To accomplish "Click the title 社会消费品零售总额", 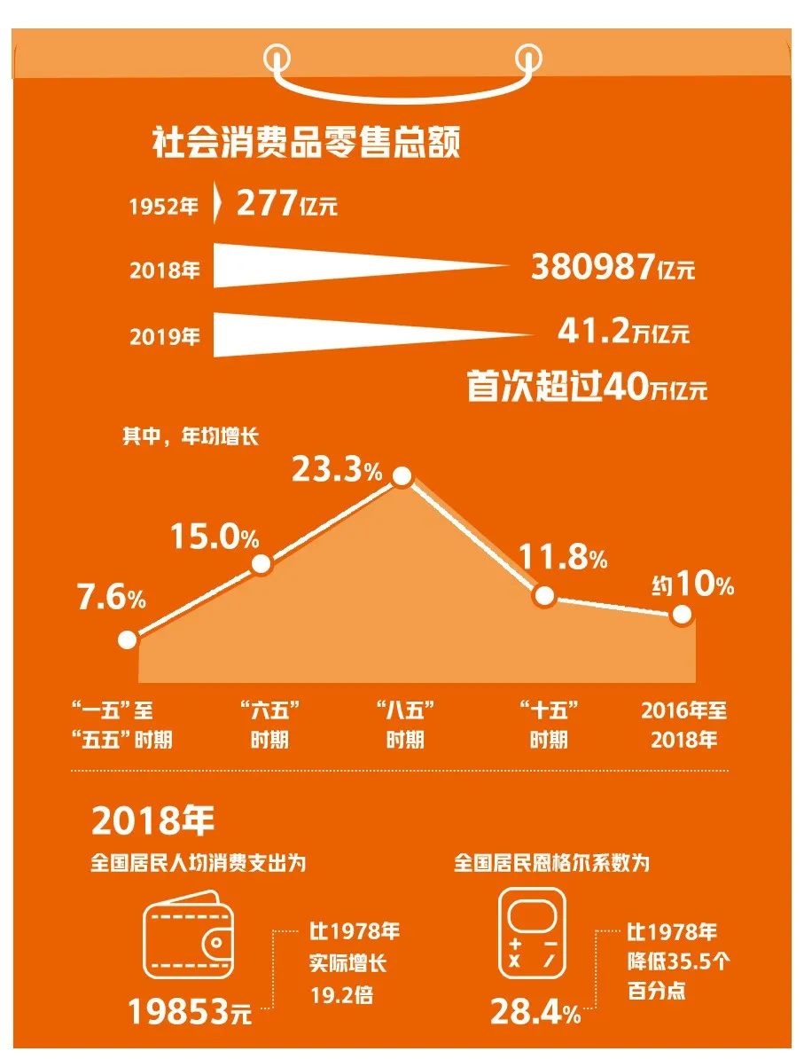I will [307, 142].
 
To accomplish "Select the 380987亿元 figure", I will [613, 267].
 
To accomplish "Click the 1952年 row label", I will [164, 208].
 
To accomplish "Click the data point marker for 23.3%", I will [402, 476].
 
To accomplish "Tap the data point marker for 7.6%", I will [127, 639].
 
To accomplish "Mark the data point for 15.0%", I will [261, 564].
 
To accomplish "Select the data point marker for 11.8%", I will [544, 596].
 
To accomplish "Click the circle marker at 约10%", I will [682, 614].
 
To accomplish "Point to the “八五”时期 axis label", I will [404, 725].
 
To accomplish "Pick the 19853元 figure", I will [190, 1010].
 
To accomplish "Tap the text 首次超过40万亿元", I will [587, 387].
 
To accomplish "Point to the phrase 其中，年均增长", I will [191, 436].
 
